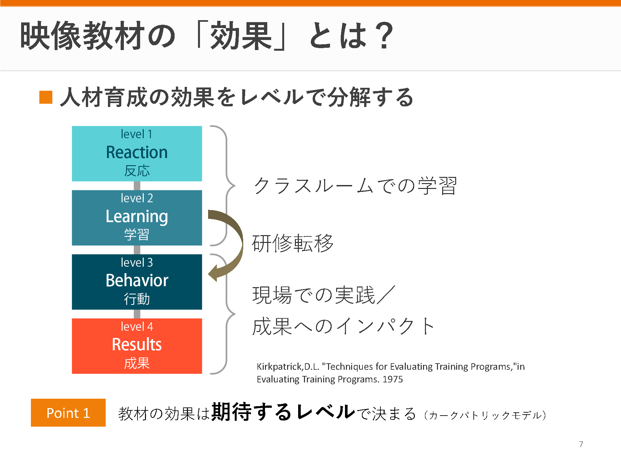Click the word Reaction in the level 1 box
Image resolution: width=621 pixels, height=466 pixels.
coord(137,152)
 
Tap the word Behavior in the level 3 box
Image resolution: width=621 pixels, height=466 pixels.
coord(137,280)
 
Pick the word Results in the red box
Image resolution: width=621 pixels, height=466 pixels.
coord(137,344)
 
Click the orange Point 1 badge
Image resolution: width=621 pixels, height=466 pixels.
coord(68,413)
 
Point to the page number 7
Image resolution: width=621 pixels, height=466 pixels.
coord(581,444)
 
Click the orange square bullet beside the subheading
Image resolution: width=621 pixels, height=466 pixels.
coord(46,97)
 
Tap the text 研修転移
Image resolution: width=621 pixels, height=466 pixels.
coord(293,243)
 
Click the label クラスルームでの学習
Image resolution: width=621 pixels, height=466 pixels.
coord(355,186)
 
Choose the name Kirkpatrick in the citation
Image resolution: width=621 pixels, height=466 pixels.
coord(280,367)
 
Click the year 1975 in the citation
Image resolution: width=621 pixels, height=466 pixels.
coord(393,379)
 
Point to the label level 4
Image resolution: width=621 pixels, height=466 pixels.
coord(137,326)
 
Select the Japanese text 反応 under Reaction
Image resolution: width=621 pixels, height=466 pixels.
coord(137,171)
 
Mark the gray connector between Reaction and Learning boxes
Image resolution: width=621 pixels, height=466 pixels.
coord(137,186)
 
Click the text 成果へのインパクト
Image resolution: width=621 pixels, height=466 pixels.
coord(343,326)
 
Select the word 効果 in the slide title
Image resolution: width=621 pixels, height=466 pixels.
coord(241,35)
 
